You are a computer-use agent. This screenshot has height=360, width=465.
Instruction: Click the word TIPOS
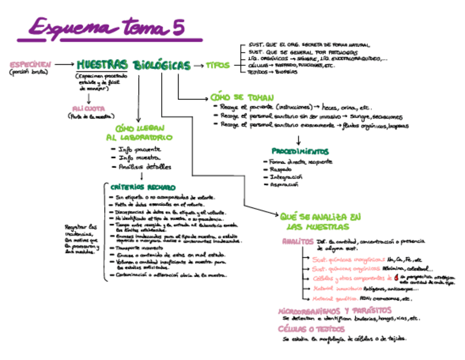tap(218, 65)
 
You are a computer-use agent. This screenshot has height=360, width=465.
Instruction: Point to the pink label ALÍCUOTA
tap(89, 108)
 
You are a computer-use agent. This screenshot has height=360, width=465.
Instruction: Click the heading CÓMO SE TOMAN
tap(234, 97)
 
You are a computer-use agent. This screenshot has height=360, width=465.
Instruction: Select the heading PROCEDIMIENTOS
tap(300, 151)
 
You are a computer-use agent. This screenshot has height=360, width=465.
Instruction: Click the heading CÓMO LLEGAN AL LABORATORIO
tap(138, 133)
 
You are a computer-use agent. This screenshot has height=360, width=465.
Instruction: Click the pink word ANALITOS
tap(298, 241)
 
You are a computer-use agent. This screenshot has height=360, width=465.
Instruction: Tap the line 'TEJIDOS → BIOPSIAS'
tap(273, 72)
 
